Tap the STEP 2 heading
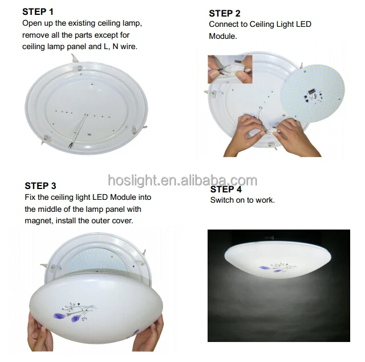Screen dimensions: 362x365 tap(224, 13)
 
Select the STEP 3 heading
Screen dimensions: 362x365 tap(40, 186)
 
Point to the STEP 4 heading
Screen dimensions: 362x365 tap(226, 189)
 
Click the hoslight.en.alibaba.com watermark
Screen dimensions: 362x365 tap(182, 181)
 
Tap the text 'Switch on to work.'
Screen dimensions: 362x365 tap(242, 200)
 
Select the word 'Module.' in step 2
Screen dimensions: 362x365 tap(222, 36)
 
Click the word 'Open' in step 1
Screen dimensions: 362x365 tap(32, 23)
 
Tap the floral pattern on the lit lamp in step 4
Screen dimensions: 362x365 tap(274, 267)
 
